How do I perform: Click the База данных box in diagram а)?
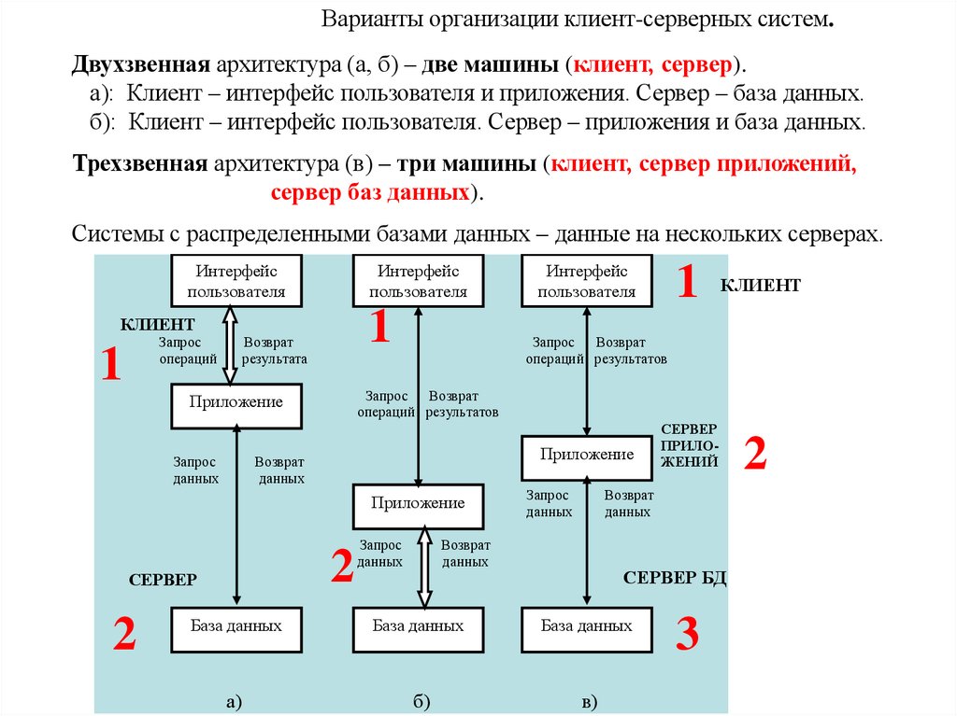236,628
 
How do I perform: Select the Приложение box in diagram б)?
418,505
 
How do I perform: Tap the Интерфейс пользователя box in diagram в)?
587,280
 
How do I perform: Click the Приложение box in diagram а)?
236,404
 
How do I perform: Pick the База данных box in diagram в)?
587,628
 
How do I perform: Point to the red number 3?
687,635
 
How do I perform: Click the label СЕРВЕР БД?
675,578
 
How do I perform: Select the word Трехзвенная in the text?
139,166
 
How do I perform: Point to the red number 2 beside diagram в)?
755,455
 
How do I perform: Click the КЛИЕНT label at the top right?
760,286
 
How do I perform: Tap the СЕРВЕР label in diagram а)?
163,580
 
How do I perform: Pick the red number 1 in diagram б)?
379,329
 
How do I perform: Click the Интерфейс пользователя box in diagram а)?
236,280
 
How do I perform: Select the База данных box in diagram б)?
418,628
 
